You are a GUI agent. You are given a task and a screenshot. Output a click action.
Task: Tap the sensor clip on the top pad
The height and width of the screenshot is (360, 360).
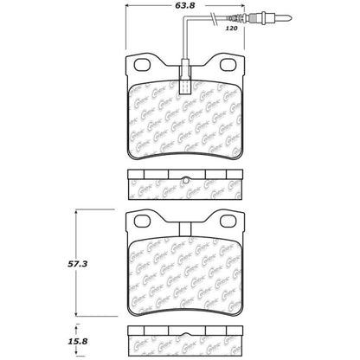coord(187,67)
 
